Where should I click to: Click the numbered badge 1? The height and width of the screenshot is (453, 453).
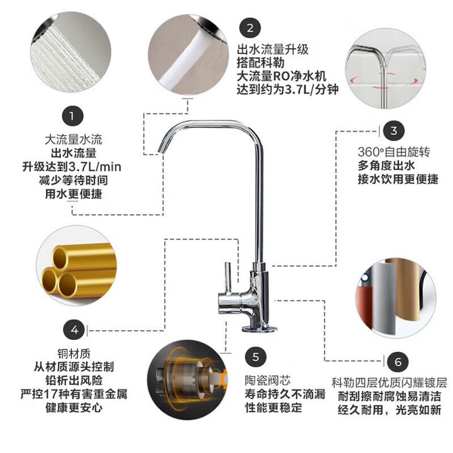(x=72, y=116)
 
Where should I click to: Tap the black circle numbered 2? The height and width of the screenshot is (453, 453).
(x=250, y=28)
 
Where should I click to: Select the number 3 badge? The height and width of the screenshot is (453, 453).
(x=394, y=131)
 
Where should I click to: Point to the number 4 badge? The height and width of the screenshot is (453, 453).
(x=74, y=330)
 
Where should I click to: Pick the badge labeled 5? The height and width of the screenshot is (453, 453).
(x=256, y=357)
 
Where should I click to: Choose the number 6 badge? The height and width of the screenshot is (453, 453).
(x=398, y=362)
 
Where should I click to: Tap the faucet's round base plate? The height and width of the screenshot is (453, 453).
(x=259, y=328)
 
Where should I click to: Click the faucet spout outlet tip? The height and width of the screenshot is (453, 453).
(x=161, y=149)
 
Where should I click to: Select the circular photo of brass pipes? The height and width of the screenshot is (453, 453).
(x=76, y=266)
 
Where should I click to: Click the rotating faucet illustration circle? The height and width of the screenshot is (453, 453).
(x=386, y=68)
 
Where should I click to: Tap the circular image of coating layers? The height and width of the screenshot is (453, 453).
(x=396, y=298)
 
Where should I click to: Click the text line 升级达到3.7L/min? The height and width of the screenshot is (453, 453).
(x=72, y=166)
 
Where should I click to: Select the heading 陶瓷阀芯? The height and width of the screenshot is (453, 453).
(x=268, y=381)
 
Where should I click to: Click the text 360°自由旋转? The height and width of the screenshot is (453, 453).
(x=394, y=152)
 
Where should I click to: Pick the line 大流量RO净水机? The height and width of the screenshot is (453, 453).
(x=281, y=76)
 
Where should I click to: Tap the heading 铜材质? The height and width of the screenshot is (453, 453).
(x=74, y=353)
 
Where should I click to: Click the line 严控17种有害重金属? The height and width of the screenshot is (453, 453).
(x=74, y=394)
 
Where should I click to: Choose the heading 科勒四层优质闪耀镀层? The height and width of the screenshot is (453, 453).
(x=389, y=383)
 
